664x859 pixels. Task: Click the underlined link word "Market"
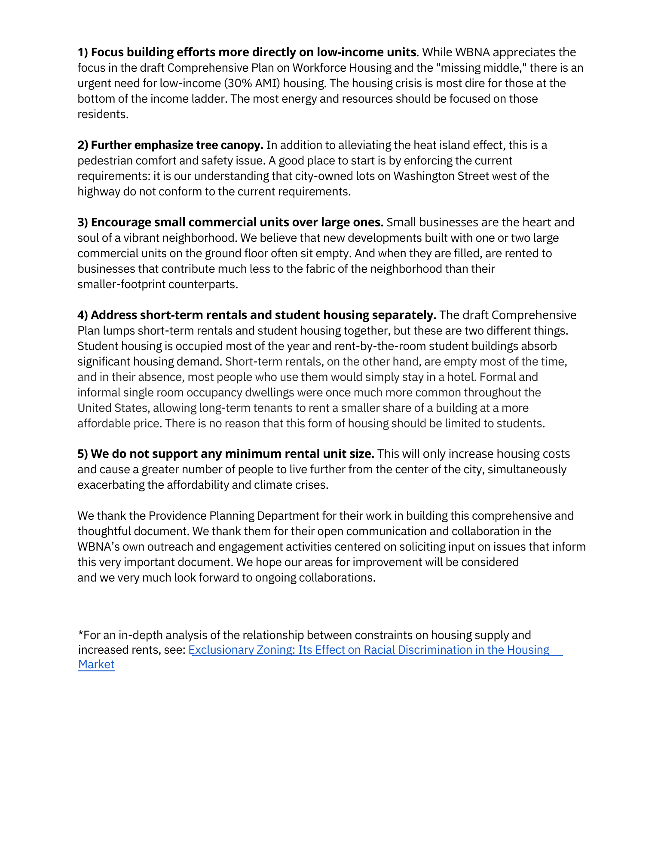coord(96,665)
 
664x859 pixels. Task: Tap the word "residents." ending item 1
coord(103,114)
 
